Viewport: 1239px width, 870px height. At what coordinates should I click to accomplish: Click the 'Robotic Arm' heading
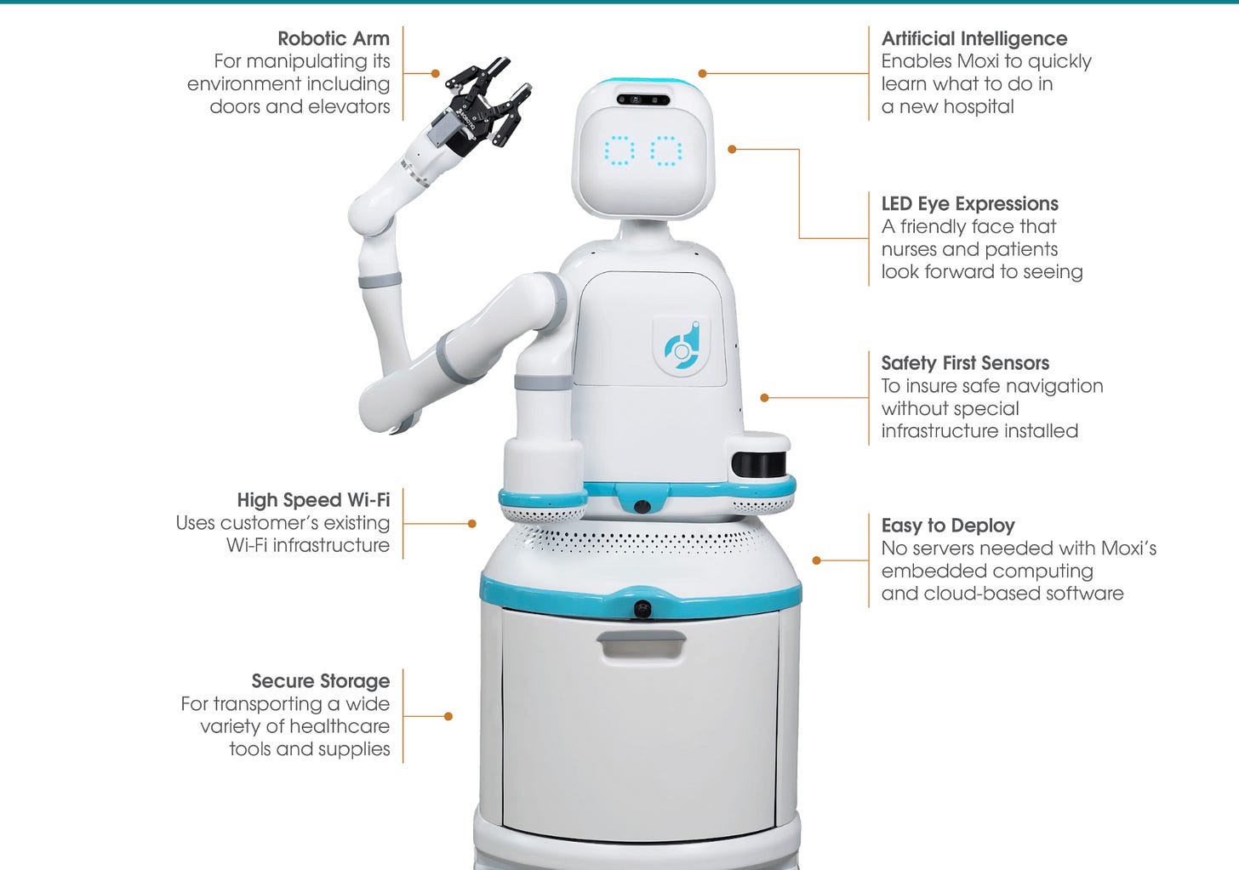(x=334, y=38)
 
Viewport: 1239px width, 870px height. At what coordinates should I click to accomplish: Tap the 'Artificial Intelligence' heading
(x=974, y=39)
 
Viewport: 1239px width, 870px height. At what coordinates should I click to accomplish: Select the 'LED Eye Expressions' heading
(x=969, y=204)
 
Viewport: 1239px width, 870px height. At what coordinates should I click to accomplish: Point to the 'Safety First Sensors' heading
(x=965, y=362)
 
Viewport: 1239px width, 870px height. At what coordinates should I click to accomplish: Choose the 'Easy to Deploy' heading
(x=948, y=525)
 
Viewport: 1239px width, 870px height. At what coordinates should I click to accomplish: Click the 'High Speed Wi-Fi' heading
(x=314, y=500)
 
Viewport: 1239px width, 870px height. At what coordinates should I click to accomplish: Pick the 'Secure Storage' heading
(x=321, y=681)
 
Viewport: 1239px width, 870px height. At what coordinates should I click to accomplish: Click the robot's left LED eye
(x=619, y=151)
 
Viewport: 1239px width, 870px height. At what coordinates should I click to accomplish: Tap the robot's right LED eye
(x=666, y=151)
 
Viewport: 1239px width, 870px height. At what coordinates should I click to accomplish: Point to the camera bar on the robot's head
(x=643, y=100)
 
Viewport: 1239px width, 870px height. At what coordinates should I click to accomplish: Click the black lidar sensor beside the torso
(x=758, y=463)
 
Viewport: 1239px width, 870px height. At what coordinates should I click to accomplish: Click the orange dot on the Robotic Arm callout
(x=436, y=73)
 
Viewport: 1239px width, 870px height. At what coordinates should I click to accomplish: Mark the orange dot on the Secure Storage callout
(x=448, y=716)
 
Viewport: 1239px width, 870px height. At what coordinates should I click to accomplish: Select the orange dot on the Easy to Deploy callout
(x=816, y=560)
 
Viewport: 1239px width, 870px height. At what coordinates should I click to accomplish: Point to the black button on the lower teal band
(x=642, y=609)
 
